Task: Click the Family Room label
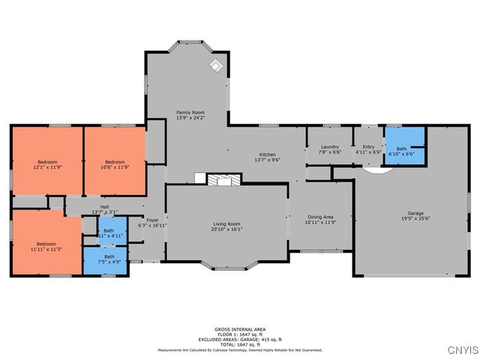click(190, 115)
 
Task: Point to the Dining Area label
click(319, 219)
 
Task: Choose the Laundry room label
click(330, 149)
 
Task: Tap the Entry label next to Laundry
click(368, 149)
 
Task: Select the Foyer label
click(151, 222)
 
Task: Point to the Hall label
click(105, 210)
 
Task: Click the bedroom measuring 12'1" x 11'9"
click(46, 164)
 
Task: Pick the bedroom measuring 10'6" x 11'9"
click(114, 164)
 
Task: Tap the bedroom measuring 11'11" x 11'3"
click(46, 246)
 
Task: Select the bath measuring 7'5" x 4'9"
click(109, 259)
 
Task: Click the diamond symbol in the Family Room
click(216, 65)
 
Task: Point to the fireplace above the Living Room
click(221, 180)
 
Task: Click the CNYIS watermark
click(460, 350)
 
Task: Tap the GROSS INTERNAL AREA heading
click(240, 329)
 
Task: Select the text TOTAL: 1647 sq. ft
click(240, 344)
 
